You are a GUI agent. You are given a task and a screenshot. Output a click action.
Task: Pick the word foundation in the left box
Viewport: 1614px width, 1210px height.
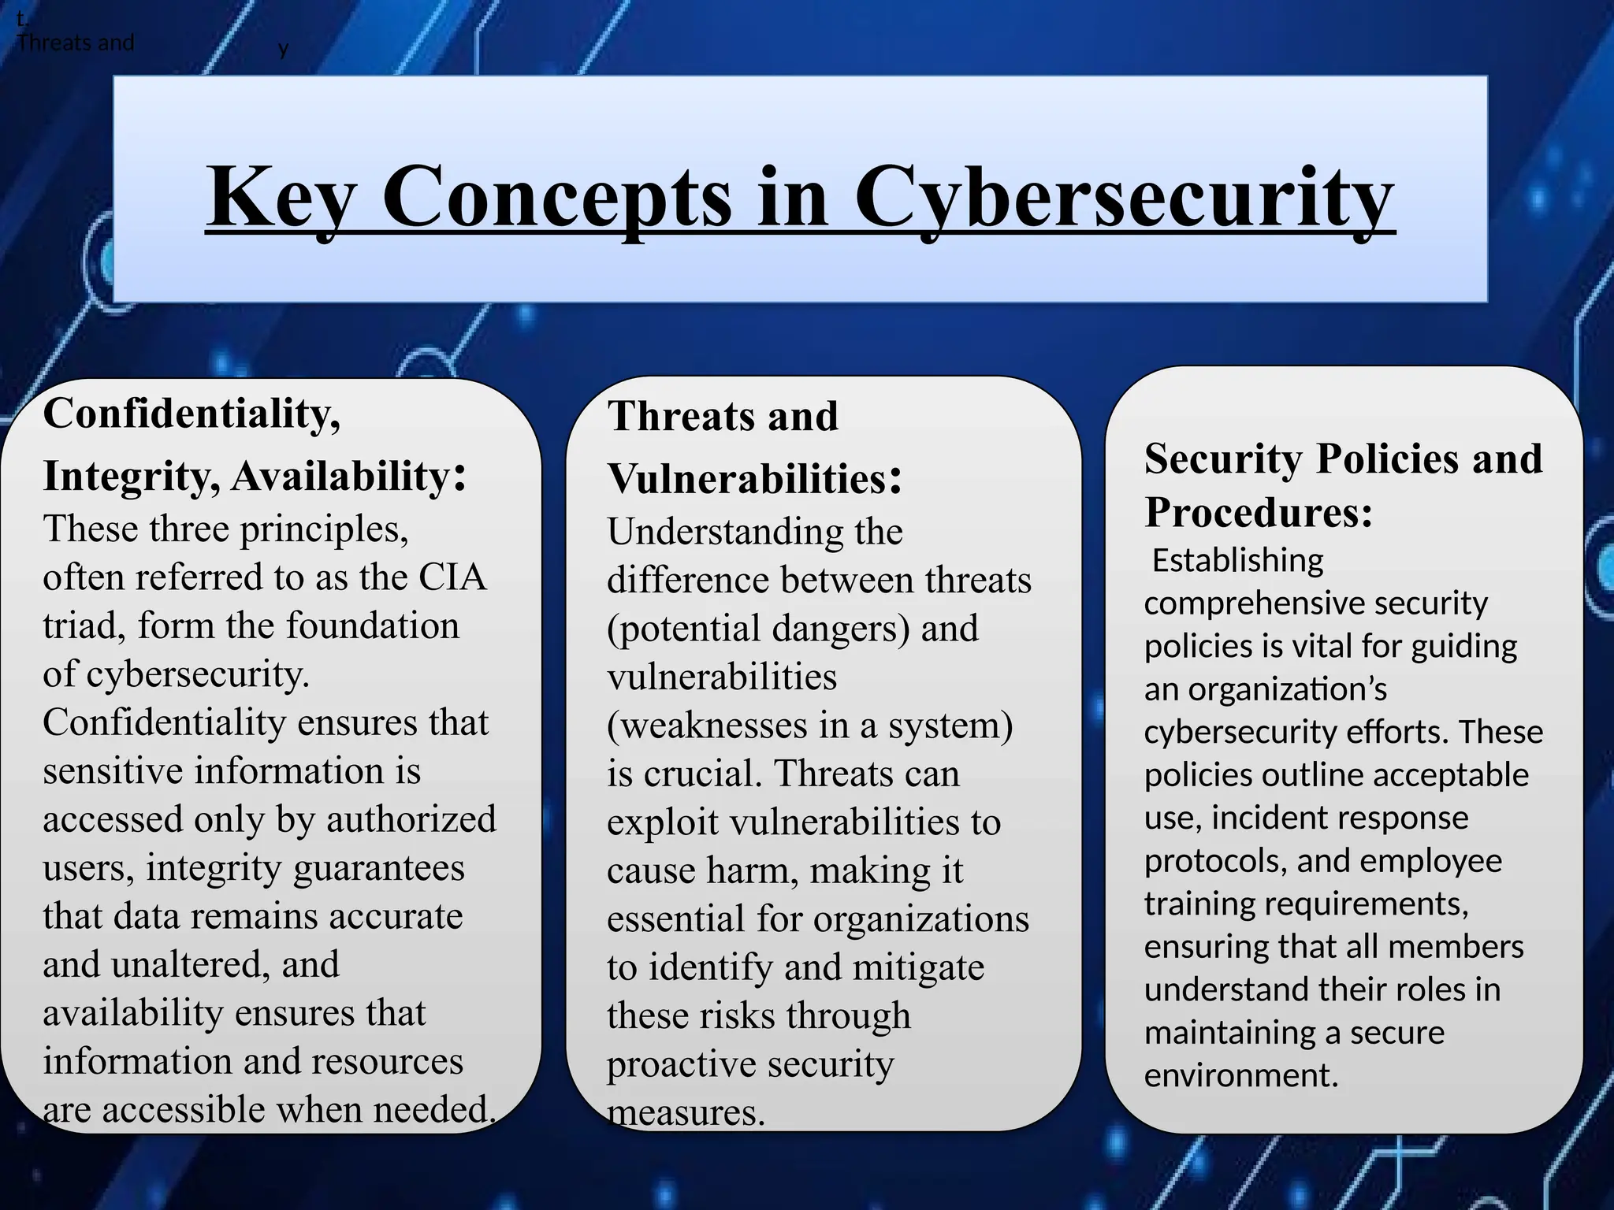(x=372, y=626)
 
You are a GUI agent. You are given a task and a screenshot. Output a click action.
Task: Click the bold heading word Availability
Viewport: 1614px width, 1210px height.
(x=340, y=477)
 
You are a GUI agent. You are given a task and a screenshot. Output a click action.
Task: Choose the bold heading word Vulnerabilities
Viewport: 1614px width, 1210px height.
(x=747, y=479)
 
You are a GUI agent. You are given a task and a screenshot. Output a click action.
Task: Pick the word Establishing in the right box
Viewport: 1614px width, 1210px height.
(x=1237, y=561)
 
